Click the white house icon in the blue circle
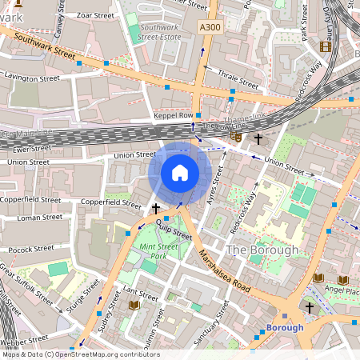tap(180, 173)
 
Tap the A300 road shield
tap(210, 27)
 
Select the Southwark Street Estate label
tap(161, 31)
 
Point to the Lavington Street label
tap(32, 78)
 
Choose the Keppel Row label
tap(174, 116)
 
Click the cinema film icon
tap(325, 46)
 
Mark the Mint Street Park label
tap(146, 251)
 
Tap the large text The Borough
tap(262, 250)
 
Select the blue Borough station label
tap(284, 327)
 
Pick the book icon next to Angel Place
tap(318, 278)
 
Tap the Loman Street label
tap(39, 218)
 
